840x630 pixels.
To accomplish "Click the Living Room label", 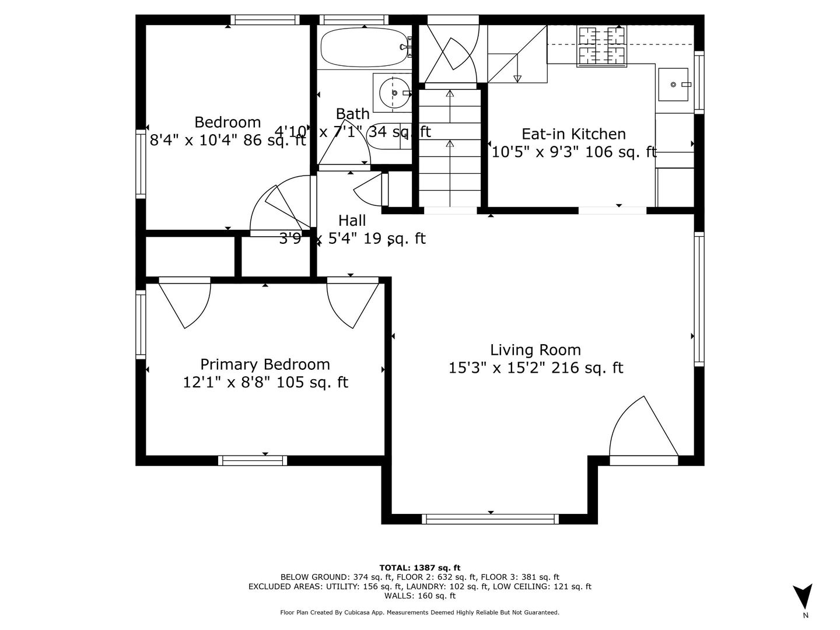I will [x=535, y=350].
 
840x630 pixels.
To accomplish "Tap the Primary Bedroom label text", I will [x=265, y=365].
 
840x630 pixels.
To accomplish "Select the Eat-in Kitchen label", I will [x=573, y=134].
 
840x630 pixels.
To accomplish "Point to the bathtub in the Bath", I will [x=363, y=48].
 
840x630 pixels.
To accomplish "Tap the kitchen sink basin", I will [x=674, y=85].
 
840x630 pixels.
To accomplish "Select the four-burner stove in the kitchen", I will [x=601, y=45].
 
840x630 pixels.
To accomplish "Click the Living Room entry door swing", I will [x=642, y=429].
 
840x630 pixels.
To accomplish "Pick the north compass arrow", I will [x=803, y=597].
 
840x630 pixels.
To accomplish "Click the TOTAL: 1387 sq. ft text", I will [x=419, y=568].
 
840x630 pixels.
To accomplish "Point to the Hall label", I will [x=352, y=220].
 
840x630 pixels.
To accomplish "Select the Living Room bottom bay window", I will [x=490, y=519].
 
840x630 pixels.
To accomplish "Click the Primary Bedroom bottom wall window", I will [x=253, y=460].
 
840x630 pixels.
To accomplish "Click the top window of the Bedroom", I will [x=265, y=20].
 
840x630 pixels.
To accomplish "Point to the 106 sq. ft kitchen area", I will [x=621, y=152].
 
